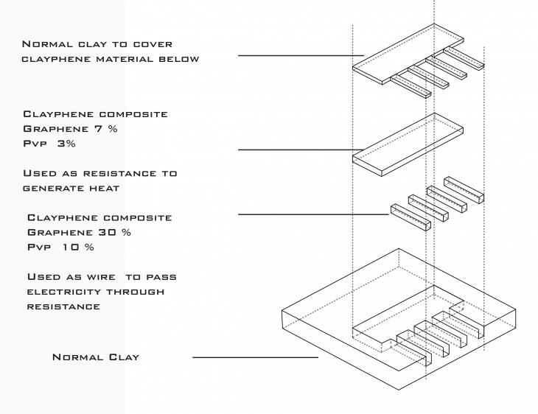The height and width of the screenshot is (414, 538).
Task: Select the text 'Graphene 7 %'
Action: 70,129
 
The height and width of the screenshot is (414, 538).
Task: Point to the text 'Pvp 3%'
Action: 49,144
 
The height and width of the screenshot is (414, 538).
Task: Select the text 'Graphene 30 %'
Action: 79,232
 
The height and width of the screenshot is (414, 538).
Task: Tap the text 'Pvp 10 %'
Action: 61,247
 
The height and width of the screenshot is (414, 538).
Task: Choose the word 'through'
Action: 136,292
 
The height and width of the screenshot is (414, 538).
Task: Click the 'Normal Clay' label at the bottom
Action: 96,357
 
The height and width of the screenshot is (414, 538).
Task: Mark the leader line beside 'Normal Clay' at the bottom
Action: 255,358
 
